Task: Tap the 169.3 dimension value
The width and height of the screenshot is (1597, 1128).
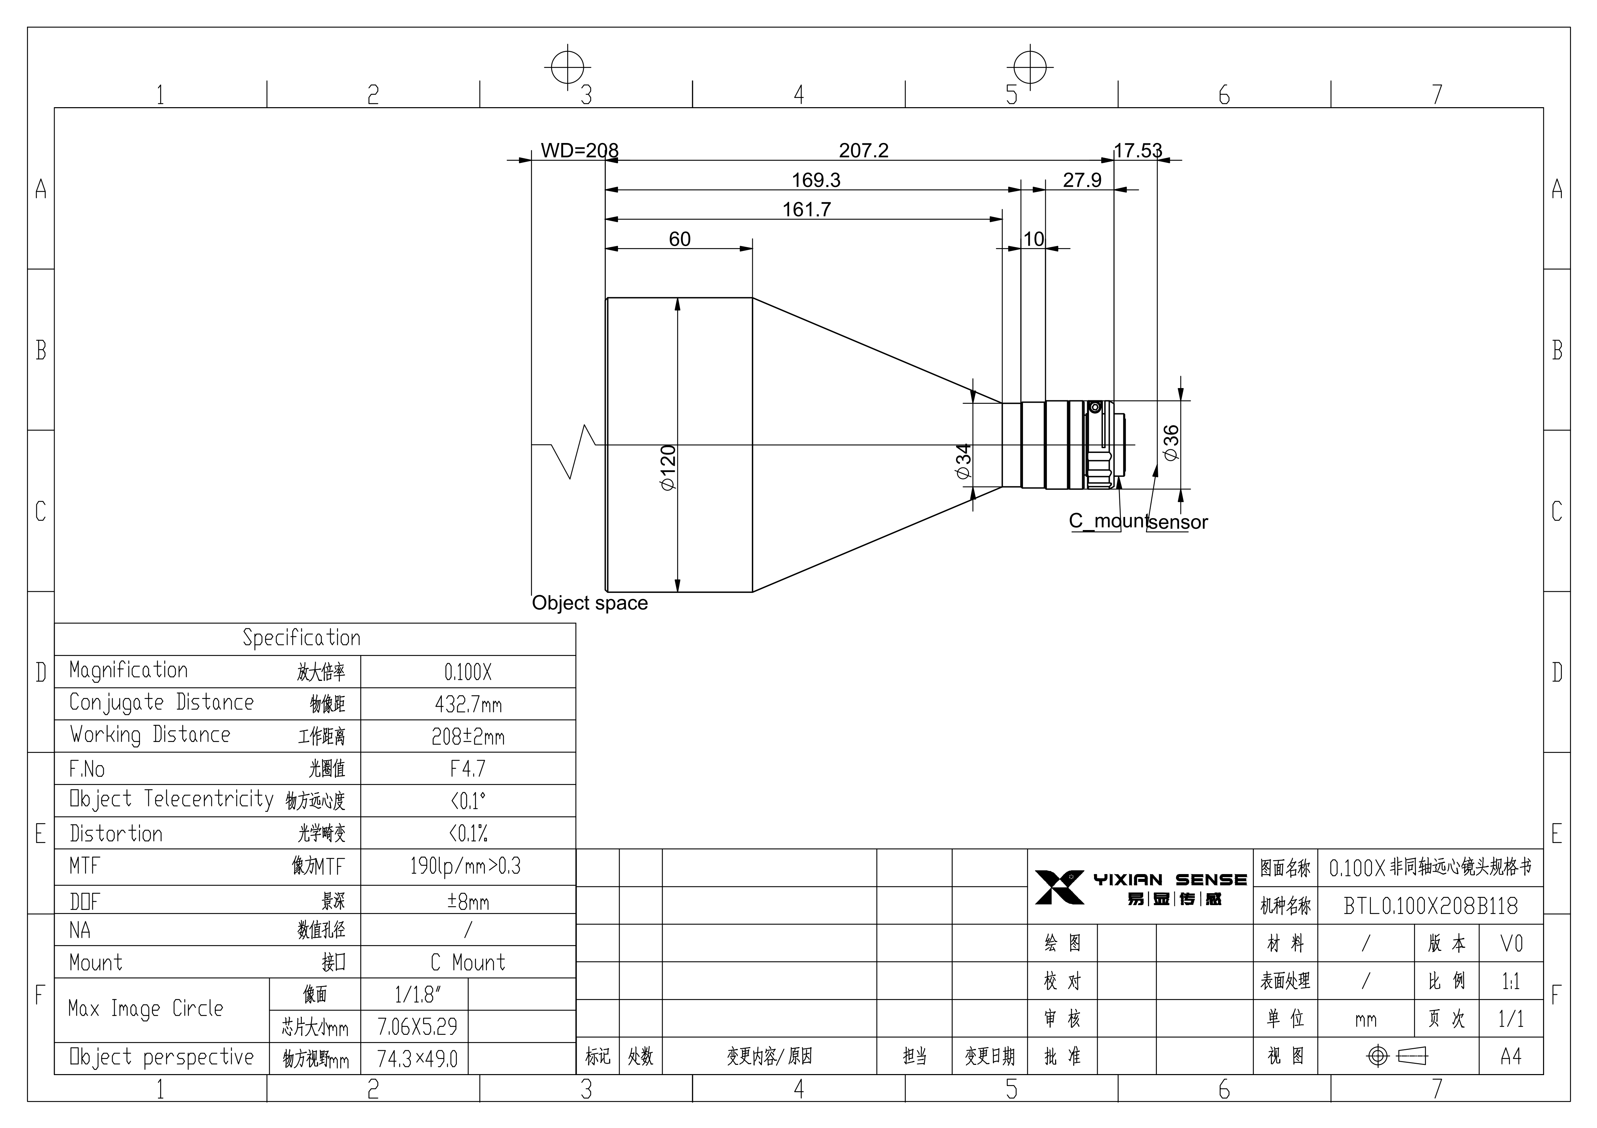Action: coord(816,180)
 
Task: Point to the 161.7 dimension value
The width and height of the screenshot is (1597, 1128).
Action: coord(806,209)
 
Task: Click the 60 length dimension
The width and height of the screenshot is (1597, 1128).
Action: coord(680,239)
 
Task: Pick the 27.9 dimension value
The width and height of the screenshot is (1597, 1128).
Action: coord(1082,180)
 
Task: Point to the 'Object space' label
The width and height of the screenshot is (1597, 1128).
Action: coord(590,603)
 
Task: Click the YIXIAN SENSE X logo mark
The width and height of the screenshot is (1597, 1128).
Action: coord(1059,887)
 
